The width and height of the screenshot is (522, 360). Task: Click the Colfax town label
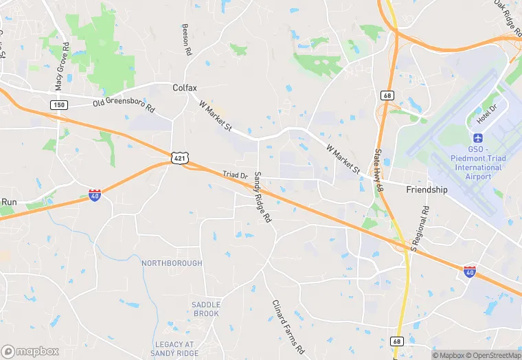(184, 88)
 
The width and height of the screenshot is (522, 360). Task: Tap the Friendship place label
(427, 190)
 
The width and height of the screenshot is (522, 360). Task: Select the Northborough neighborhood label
(172, 263)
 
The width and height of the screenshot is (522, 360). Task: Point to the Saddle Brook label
(205, 309)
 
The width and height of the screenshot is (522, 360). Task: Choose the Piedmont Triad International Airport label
(479, 163)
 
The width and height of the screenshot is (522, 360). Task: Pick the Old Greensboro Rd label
(124, 106)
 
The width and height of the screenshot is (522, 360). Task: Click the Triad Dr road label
(235, 176)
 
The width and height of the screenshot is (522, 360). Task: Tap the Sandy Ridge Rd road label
(263, 197)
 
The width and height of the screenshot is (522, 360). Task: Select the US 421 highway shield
(179, 159)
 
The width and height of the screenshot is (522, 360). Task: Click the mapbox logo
(30, 350)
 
